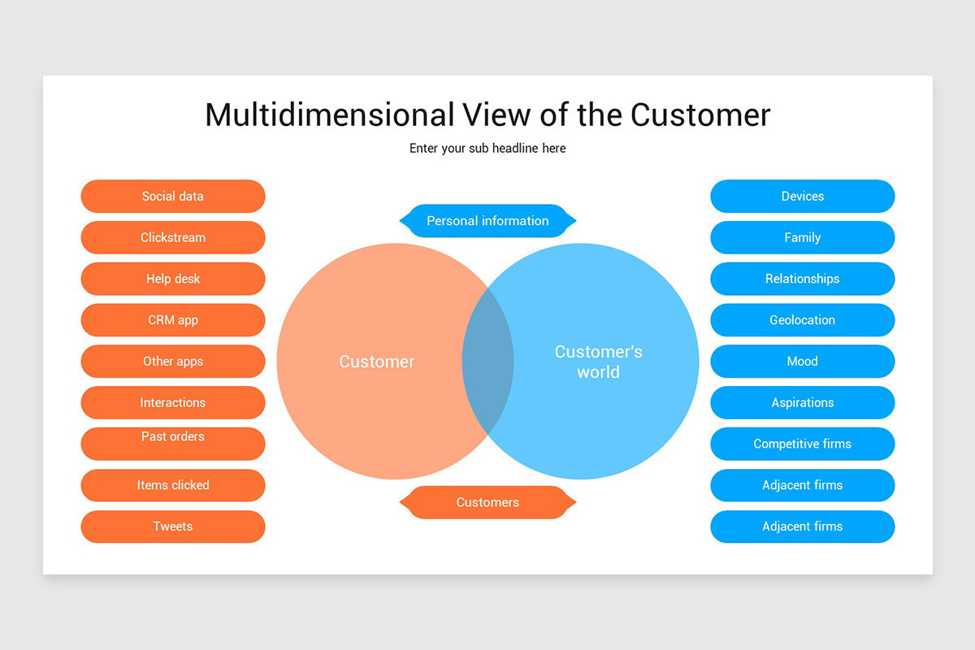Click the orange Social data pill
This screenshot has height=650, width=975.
click(173, 196)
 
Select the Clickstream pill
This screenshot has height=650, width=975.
click(173, 237)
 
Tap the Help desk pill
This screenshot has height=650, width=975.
click(173, 279)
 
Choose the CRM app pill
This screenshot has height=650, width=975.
click(173, 320)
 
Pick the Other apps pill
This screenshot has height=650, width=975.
click(173, 362)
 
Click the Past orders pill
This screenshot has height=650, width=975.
click(173, 443)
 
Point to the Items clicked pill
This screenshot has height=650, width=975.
click(173, 485)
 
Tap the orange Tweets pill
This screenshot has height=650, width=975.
click(173, 526)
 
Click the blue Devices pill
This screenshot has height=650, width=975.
click(802, 196)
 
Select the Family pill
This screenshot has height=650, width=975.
click(802, 237)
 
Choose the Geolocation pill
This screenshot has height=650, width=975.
click(802, 320)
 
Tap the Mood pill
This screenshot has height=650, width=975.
click(802, 362)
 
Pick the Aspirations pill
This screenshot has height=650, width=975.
click(802, 403)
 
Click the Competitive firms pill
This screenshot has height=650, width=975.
click(802, 444)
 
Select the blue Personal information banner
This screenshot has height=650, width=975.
click(487, 221)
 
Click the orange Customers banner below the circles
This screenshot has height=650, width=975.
click(487, 502)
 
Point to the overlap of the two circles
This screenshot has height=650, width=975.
click(487, 361)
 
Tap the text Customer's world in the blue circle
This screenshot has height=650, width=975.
click(598, 362)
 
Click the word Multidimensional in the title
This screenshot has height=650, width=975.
click(330, 115)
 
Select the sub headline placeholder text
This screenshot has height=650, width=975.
click(487, 149)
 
